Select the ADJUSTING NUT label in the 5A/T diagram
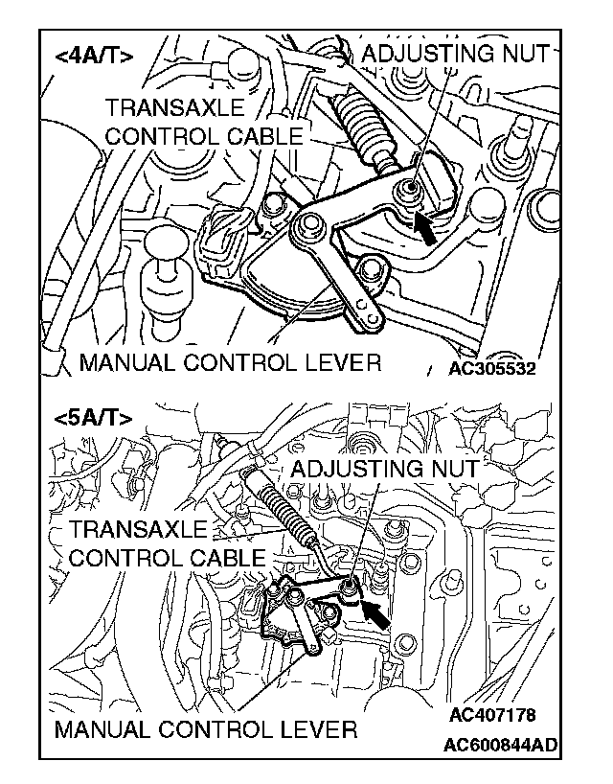(383, 469)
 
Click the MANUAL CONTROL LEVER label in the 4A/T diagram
(230, 362)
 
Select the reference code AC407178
(491, 715)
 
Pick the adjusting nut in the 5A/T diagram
(349, 586)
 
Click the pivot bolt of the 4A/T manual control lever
(309, 228)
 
